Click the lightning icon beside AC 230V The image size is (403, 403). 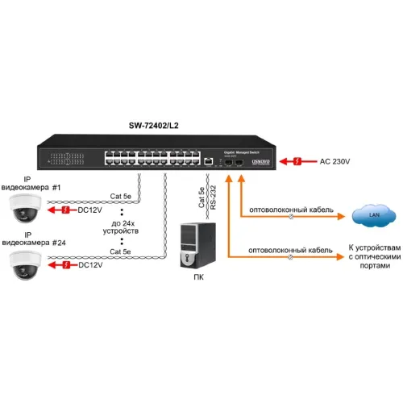297,162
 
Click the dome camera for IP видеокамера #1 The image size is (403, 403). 25,210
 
